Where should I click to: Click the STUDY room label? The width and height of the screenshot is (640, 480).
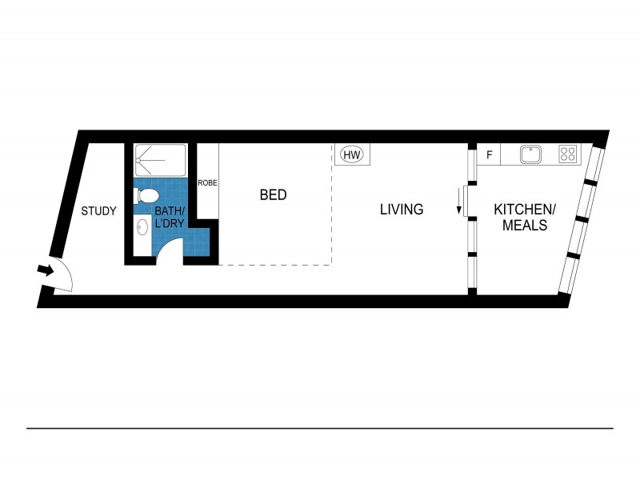point(99,212)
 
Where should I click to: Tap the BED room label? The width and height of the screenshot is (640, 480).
point(273,194)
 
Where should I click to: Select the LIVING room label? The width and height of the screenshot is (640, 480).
point(401,210)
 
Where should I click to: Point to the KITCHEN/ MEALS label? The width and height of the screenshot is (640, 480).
point(524,218)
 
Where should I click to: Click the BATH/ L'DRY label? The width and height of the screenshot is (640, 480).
point(169,217)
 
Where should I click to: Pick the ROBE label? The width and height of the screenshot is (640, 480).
point(207,183)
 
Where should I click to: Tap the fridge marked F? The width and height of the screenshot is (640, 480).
point(488,154)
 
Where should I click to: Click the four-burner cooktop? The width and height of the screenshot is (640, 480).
point(568,154)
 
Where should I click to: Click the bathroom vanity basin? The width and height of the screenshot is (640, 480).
point(142,228)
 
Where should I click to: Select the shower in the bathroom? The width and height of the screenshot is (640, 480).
point(160,160)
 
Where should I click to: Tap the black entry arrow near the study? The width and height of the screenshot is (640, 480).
point(46,270)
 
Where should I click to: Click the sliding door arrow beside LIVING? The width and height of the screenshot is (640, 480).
point(460,201)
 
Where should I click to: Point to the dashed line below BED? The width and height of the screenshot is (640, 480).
point(275,265)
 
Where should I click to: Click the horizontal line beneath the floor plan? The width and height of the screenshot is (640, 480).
point(320,428)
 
